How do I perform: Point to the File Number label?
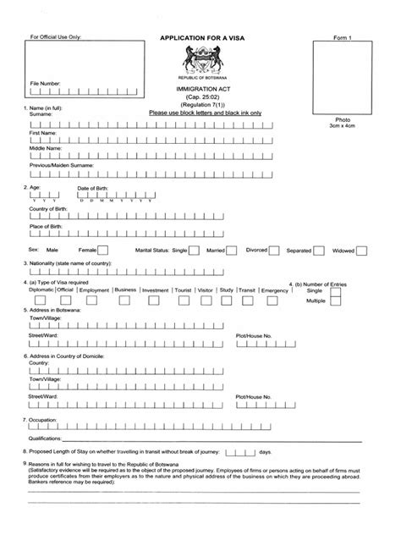[46, 84]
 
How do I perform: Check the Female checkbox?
[102, 251]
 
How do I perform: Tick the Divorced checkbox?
[274, 251]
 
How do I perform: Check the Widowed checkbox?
[360, 251]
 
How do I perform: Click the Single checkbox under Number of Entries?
[336, 290]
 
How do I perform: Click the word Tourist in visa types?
[182, 290]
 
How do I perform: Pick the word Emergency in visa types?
[275, 290]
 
